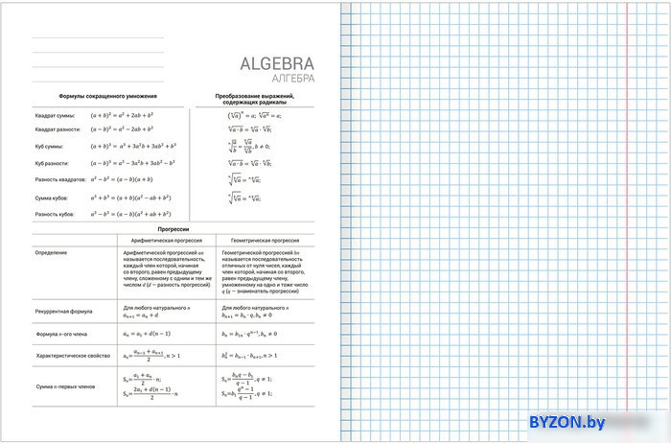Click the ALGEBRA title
(276, 65)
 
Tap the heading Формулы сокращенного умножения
(107, 97)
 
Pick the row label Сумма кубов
(52, 198)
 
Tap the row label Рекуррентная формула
(63, 311)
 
